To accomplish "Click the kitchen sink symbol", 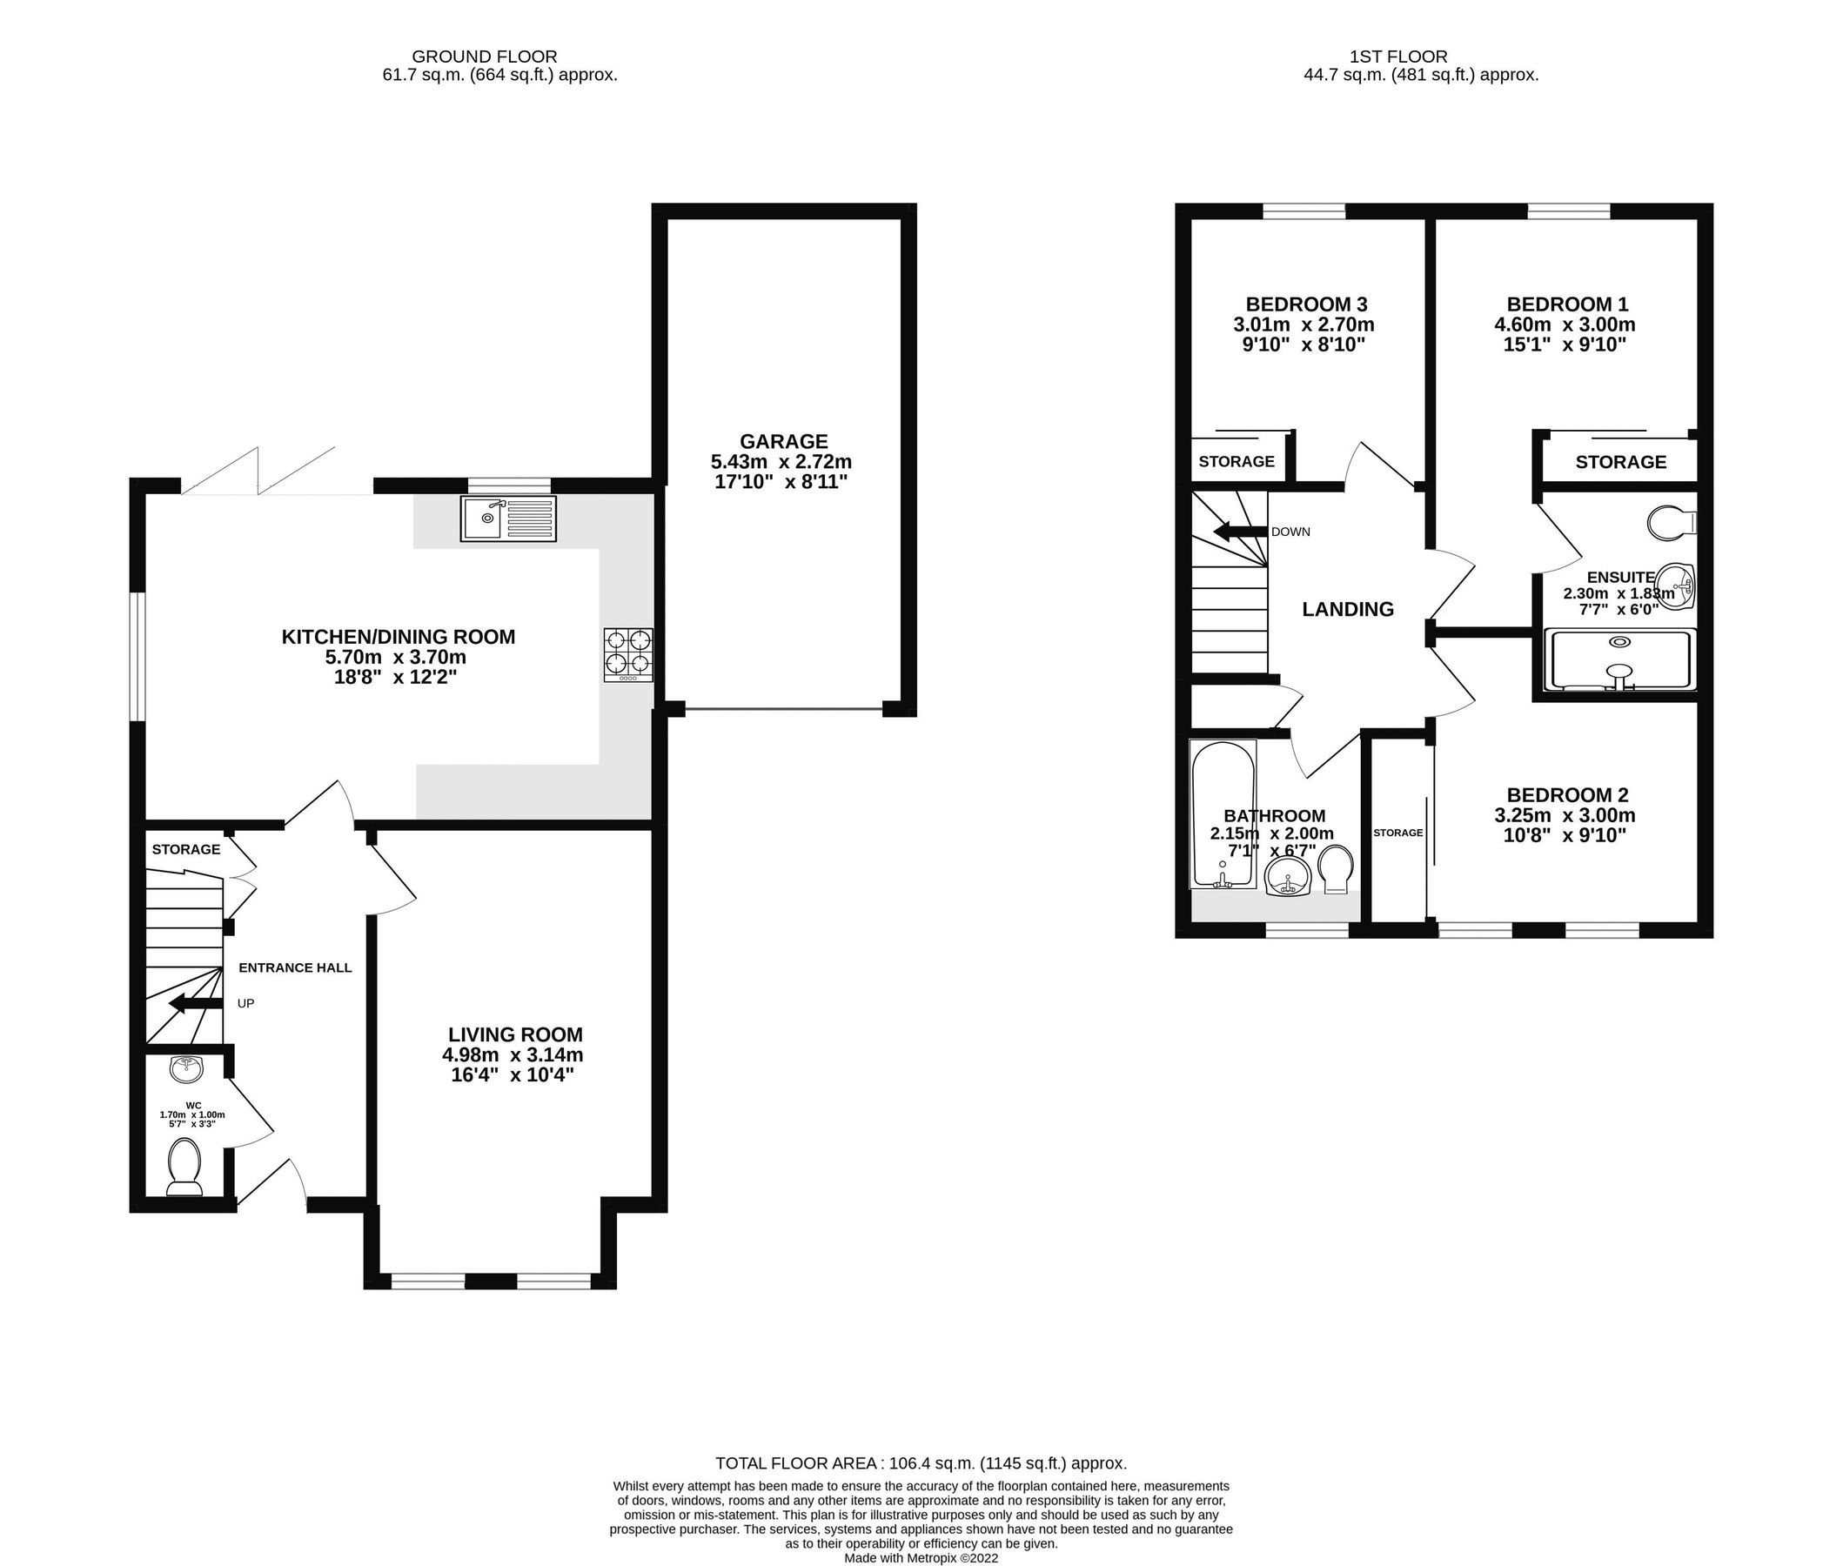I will [x=508, y=519].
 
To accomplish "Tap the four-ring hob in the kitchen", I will [x=627, y=654].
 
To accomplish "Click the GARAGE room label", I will [x=783, y=441].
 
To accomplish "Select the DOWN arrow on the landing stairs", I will [x=1240, y=532].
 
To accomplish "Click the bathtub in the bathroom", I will [x=1223, y=814].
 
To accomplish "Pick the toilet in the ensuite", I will [x=1670, y=523].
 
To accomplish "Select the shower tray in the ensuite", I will [x=1619, y=660].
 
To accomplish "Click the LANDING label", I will [x=1347, y=609].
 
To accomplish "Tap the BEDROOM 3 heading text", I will [x=1306, y=304].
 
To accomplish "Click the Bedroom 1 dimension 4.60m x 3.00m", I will [x=1565, y=324].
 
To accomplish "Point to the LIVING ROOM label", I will [x=515, y=1034].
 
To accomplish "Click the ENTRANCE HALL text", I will [x=295, y=967].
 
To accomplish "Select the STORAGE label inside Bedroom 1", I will [x=1620, y=462].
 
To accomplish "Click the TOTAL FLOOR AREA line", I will [x=921, y=1463].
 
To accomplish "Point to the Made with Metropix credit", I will [x=921, y=1558].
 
